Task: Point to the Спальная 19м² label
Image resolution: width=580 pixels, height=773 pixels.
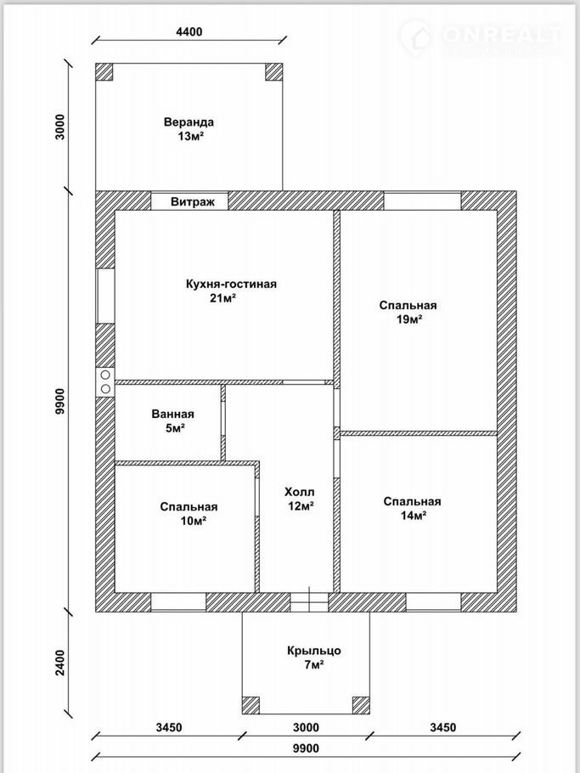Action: pos(408,312)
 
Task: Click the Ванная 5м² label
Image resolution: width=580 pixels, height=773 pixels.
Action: pos(173,421)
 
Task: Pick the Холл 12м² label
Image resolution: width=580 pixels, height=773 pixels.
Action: pos(299,499)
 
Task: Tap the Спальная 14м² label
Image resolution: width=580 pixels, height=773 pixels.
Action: pos(412,508)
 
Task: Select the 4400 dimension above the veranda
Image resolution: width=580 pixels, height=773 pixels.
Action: pos(189,31)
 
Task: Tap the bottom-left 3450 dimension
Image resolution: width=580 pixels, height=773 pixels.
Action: pos(170,727)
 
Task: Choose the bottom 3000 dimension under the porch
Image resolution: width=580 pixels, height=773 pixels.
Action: pos(306,727)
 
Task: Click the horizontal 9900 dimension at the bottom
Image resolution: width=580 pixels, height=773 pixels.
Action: pos(306,748)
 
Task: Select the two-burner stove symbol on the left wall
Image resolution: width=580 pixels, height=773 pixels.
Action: pos(105,382)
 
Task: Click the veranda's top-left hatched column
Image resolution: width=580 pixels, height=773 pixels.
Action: pos(104,71)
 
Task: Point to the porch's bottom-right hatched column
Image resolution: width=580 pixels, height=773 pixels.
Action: pos(361,705)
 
